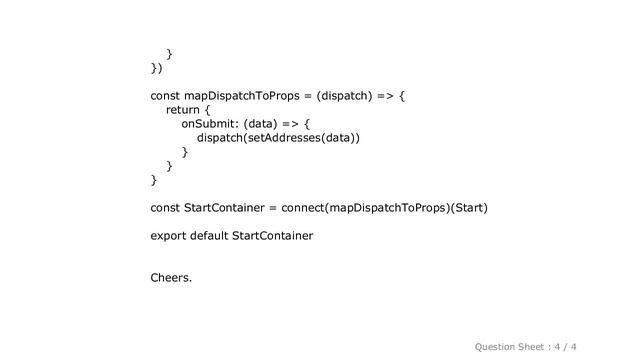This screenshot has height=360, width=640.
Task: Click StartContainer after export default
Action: point(272,236)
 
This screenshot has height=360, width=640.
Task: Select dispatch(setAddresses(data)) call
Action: point(279,138)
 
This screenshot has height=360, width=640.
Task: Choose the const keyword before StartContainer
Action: point(165,208)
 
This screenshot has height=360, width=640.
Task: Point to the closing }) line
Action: point(156,68)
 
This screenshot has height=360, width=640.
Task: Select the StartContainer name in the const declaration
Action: point(225,208)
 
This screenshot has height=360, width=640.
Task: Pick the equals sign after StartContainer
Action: point(274,208)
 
